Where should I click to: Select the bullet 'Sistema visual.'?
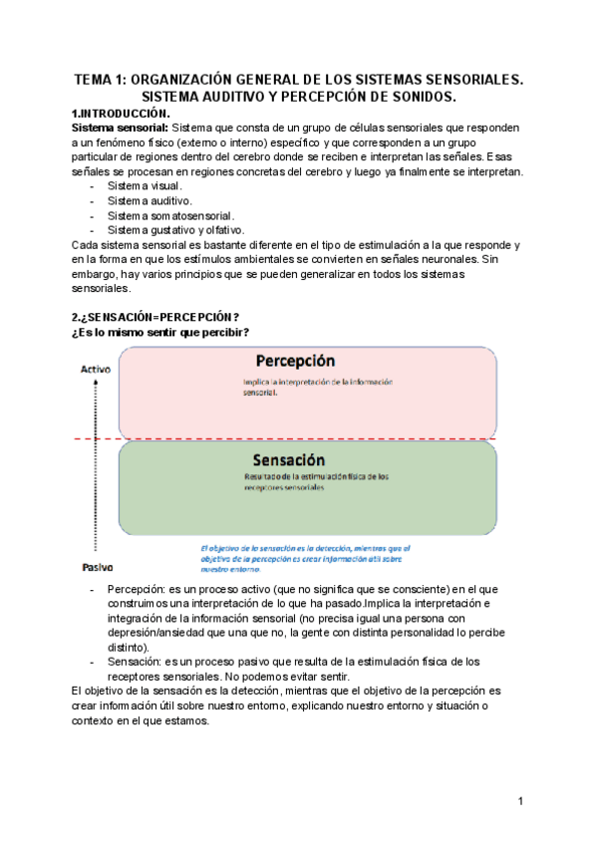pyautogui.click(x=145, y=186)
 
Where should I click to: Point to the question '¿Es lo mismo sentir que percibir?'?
pyautogui.click(x=159, y=332)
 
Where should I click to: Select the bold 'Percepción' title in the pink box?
pyautogui.click(x=294, y=361)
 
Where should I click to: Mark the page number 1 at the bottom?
pyautogui.click(x=520, y=802)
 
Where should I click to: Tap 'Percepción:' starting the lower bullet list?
pyautogui.click(x=142, y=589)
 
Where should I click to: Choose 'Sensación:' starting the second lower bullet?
pyautogui.click(x=140, y=661)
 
